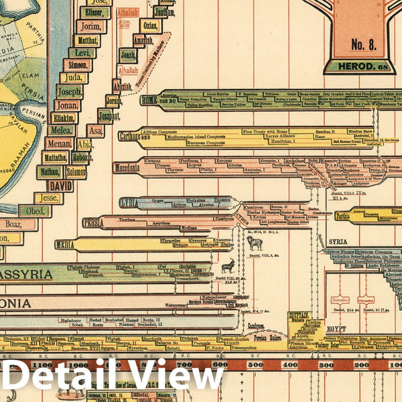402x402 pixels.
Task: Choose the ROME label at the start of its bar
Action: coord(149,100)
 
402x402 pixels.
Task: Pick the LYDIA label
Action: coord(129,202)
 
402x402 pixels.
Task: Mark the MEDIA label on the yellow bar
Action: coord(65,245)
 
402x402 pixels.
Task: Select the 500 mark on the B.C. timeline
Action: coord(254,364)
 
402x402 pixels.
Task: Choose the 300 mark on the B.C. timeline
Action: coord(326,364)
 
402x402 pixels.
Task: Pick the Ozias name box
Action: coord(149,25)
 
